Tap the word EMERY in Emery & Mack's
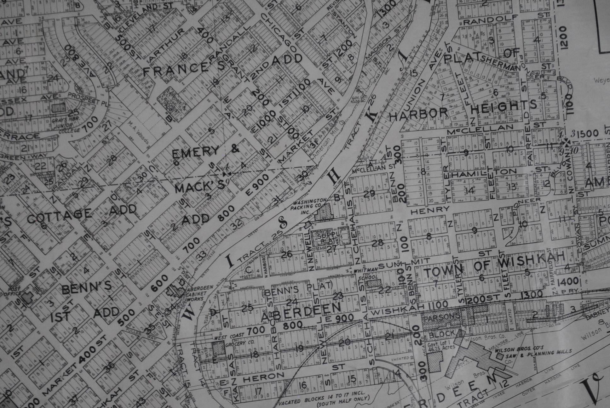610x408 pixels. [x=195, y=151]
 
